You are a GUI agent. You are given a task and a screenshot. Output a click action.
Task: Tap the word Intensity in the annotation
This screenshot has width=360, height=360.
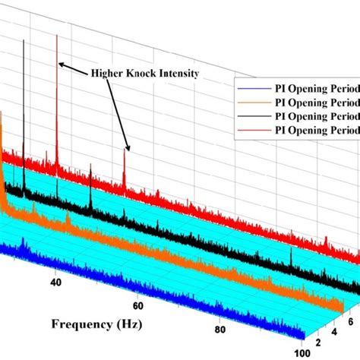click(182, 74)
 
